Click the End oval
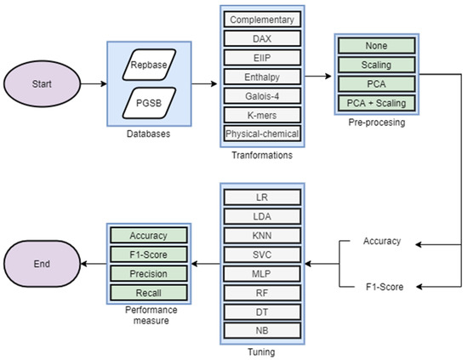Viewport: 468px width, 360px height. point(41,264)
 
